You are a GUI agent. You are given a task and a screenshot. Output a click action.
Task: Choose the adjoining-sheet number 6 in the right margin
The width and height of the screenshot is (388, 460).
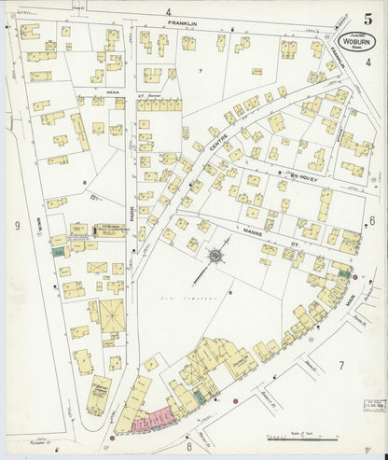point(370,220)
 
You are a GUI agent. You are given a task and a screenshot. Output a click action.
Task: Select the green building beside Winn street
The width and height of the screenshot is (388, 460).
point(58,250)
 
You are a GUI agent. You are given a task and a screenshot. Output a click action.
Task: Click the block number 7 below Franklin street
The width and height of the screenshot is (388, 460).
point(200,71)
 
